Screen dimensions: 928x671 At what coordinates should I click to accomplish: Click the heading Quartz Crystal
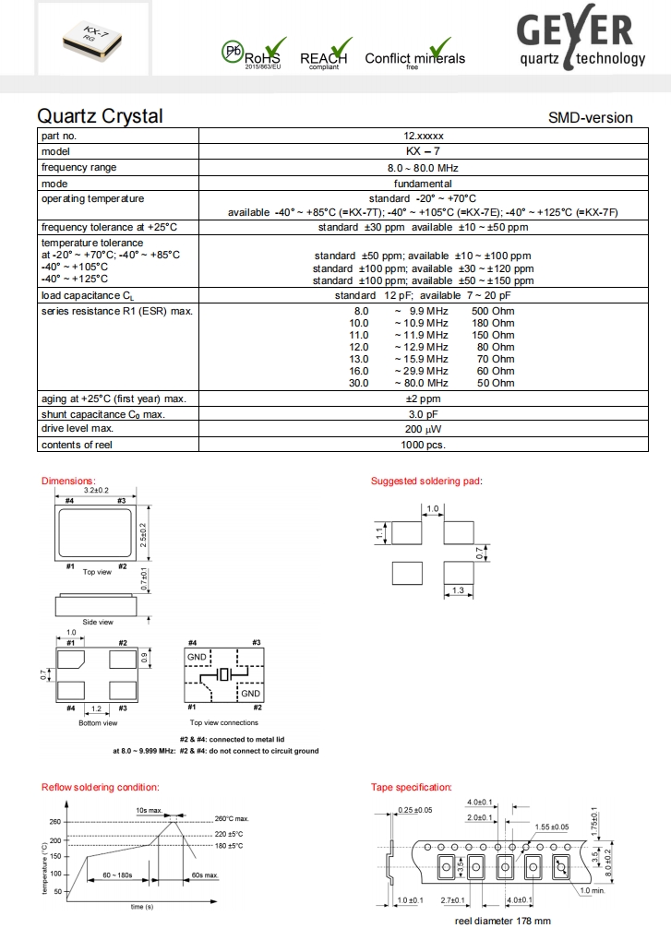[100, 116]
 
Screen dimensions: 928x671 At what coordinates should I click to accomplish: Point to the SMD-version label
[590, 118]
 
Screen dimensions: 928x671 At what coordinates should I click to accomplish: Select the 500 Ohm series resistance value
[497, 312]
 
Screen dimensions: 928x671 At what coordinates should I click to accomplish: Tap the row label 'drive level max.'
[78, 429]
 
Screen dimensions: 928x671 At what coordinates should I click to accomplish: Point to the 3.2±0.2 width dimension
[97, 491]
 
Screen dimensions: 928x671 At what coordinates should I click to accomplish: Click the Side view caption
[97, 623]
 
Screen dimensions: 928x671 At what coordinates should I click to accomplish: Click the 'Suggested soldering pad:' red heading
[426, 481]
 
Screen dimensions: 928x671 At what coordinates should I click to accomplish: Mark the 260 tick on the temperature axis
[54, 822]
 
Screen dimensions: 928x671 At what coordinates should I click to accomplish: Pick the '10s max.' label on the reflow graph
[148, 809]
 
